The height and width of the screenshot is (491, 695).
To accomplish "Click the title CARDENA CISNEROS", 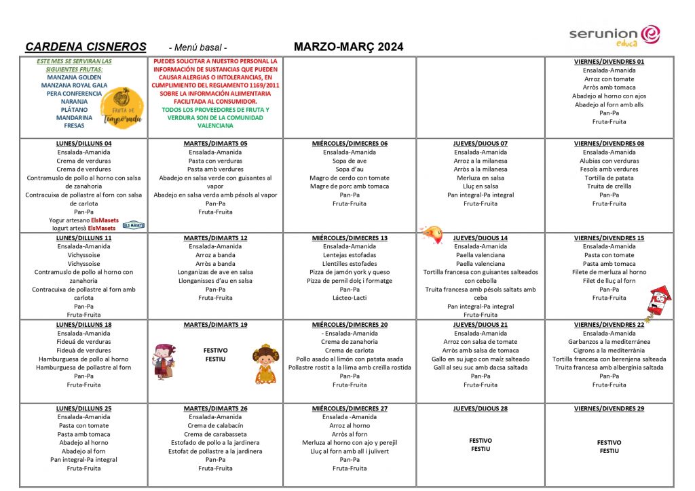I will click(x=86, y=47).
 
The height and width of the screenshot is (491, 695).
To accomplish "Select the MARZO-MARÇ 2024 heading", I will click(x=348, y=47).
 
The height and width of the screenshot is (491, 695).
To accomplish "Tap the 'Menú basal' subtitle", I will click(x=198, y=47).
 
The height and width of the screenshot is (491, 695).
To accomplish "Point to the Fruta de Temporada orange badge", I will click(x=123, y=108).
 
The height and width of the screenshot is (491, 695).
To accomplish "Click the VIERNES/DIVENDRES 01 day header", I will click(x=609, y=62).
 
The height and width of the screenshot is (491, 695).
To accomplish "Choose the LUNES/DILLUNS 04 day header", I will click(x=84, y=144).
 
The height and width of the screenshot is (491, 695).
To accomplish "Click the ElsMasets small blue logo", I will click(x=133, y=224).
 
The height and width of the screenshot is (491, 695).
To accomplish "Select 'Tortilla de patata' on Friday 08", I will click(x=609, y=178).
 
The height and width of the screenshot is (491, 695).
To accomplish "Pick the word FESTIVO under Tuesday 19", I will click(x=215, y=351).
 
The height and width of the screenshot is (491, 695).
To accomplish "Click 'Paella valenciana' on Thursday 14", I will click(x=481, y=255).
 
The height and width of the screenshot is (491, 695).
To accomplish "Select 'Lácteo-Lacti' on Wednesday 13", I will click(x=350, y=298).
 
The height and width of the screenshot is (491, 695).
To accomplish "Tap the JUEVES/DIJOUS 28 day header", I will click(x=480, y=409).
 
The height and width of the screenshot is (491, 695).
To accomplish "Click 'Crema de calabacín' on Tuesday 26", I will click(x=215, y=426).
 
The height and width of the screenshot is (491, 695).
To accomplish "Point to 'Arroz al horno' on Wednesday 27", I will click(x=350, y=426).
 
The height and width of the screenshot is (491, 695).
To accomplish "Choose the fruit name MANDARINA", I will click(x=75, y=117).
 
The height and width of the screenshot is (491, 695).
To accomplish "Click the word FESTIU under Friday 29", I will click(x=609, y=451).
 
